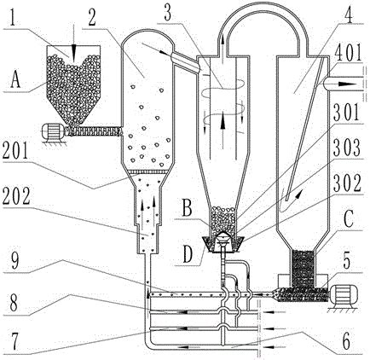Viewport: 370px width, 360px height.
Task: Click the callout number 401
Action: pos(349,53)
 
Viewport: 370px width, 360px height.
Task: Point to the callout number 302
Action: pos(348,183)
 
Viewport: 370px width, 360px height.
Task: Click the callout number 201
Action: pos(15,151)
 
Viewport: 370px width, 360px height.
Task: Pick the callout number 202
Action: pos(16,196)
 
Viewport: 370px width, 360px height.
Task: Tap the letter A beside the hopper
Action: pos(15,80)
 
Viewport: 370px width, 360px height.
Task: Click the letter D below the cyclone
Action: pos(188,255)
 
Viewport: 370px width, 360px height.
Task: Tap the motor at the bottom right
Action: pos(342,294)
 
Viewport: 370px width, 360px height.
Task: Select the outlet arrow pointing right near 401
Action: pos(345,84)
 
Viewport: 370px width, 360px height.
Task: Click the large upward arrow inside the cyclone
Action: pos(223,131)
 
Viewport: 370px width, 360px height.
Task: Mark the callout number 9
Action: pos(14,261)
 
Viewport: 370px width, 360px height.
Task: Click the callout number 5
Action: pos(347,262)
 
